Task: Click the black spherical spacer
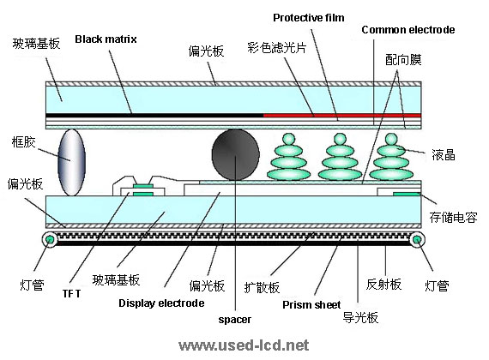235,155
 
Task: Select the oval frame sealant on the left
71,162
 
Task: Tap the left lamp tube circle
50,240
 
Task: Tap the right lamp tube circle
417,240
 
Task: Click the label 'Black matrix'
106,39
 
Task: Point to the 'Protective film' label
309,18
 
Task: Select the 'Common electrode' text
407,30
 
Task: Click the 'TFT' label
71,294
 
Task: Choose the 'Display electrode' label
161,303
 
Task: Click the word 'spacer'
235,320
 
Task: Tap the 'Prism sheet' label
311,304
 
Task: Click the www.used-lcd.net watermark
244,345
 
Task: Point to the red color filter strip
342,116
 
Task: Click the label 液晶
444,155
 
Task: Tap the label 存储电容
453,217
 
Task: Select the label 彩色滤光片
277,48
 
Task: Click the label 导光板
360,318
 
